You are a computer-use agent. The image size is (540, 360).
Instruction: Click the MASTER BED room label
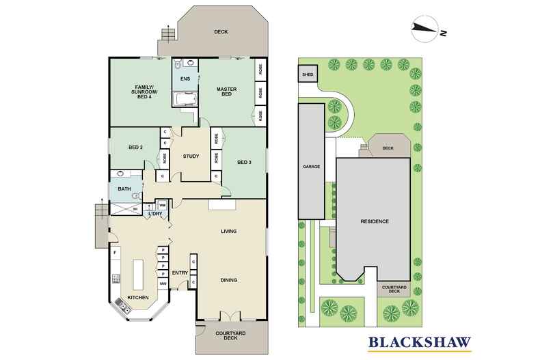point(227,92)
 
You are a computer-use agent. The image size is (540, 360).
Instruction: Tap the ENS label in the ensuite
point(185,79)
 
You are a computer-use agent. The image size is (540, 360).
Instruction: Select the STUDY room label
point(191,156)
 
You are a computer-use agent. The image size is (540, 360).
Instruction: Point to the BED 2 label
point(136,148)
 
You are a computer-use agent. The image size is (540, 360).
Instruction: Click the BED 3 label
point(245,162)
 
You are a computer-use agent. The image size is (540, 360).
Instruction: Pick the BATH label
point(124,189)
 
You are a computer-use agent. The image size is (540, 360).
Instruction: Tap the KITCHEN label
point(138,298)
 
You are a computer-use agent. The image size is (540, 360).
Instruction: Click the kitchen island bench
point(138,275)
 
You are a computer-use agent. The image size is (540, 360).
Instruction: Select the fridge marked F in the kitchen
point(116,253)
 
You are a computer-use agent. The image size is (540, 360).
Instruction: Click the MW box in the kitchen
point(163,284)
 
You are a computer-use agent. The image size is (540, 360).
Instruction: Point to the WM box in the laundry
point(162,205)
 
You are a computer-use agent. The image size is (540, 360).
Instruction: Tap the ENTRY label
point(180,273)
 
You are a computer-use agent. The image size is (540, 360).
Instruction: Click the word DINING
point(229,280)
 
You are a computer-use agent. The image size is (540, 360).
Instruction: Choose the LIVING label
point(229,232)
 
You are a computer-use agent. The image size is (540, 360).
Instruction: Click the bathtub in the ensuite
point(185,100)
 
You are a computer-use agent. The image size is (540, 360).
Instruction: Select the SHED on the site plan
point(308,74)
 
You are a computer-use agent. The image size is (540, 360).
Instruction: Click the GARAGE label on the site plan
point(311,167)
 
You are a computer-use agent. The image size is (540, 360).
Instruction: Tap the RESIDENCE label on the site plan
point(375,221)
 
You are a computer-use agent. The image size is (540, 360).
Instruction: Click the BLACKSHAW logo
point(420,343)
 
